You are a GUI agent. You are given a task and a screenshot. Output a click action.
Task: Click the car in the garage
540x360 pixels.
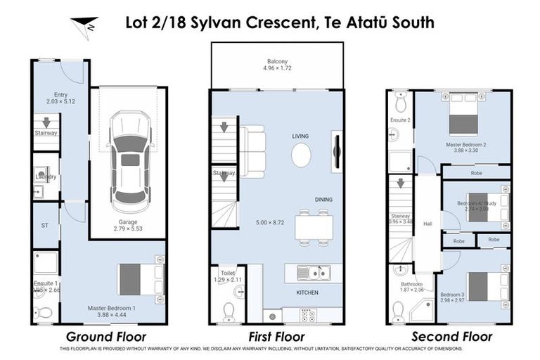coord(131,162)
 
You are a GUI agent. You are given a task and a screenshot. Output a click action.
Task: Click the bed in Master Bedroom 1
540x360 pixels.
coord(138,279)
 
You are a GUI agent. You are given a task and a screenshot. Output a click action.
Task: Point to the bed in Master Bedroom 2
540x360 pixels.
coord(463,117)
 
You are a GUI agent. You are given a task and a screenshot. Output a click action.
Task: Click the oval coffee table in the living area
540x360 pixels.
coord(301,155)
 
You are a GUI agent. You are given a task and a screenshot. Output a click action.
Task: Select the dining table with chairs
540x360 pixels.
coord(313,227)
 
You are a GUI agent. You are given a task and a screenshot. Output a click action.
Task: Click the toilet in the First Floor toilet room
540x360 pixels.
coord(229,309)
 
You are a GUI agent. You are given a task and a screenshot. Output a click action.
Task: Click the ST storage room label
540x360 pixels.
coord(45,226)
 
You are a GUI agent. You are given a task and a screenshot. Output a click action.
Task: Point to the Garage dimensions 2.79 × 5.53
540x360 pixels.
coord(127,229)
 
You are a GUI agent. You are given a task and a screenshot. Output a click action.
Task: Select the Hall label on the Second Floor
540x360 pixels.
coord(427,224)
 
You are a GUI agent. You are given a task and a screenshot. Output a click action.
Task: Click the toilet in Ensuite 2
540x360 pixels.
coord(401,103)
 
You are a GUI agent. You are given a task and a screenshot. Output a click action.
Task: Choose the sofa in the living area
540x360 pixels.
coord(252,151)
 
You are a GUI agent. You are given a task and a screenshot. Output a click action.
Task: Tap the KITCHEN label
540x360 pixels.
coord(307,292)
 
